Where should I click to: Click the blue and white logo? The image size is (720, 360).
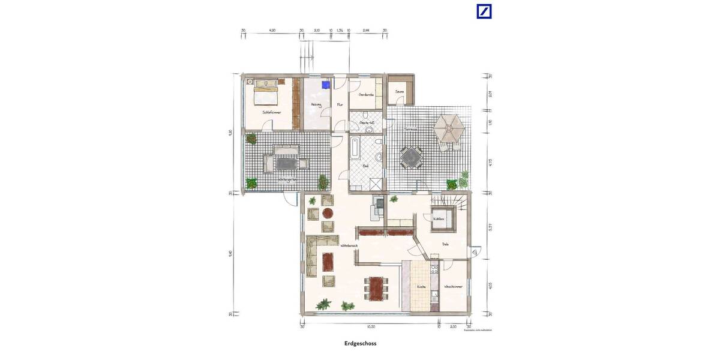(x=484, y=11)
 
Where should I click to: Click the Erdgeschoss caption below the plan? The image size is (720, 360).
(x=360, y=344)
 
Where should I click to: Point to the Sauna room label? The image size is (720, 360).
(x=400, y=92)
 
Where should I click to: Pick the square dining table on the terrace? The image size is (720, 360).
(x=412, y=158)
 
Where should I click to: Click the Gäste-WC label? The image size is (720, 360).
(x=367, y=122)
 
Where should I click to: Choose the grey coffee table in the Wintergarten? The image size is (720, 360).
(x=286, y=163)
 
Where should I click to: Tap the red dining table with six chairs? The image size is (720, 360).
(x=376, y=288)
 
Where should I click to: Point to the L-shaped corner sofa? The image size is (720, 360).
(x=314, y=255)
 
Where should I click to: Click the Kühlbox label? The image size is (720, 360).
(x=439, y=219)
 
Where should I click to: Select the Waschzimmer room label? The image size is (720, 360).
(x=453, y=287)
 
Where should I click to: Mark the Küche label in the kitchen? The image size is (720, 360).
(x=421, y=287)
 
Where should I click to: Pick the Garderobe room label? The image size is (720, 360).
(x=366, y=95)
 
